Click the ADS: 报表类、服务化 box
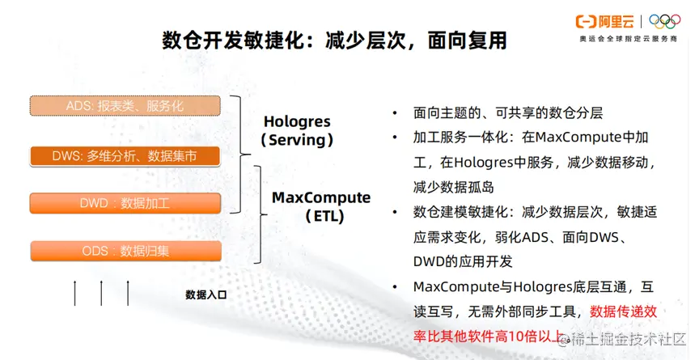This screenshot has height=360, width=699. [125, 106]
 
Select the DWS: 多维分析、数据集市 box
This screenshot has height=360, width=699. [125, 156]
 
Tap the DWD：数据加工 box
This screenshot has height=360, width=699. [125, 203]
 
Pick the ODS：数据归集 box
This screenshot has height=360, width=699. [125, 251]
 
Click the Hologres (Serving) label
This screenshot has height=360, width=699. [298, 130]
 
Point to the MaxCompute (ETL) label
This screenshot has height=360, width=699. [321, 207]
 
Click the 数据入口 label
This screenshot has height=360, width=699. [206, 294]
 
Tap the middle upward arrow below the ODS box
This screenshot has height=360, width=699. [101, 293]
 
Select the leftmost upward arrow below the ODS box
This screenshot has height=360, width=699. [74, 293]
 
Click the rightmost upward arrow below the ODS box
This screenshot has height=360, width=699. [128, 293]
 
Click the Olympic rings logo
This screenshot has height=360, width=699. [665, 21]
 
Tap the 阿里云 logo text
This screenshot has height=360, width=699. [616, 21]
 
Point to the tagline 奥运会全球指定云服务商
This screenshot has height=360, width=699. [628, 39]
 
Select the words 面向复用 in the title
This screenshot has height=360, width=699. [468, 40]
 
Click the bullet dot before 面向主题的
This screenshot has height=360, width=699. [395, 113]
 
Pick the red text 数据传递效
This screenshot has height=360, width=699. [623, 311]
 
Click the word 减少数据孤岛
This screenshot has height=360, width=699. [453, 187]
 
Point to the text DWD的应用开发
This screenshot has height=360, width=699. [463, 261]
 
